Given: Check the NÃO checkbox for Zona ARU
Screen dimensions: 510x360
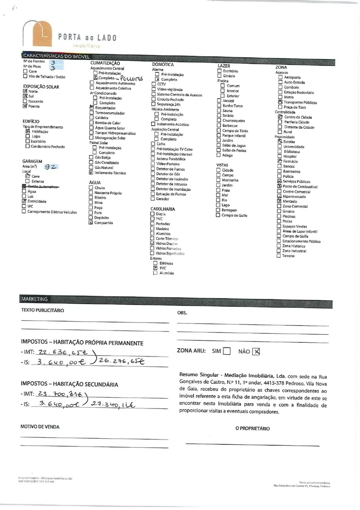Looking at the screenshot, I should click(256, 351).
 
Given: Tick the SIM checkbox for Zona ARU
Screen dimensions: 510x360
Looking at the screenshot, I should click(226, 351).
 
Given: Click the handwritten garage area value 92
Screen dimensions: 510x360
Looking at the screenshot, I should click(51, 167).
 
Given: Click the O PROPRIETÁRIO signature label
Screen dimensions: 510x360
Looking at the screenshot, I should click(252, 428).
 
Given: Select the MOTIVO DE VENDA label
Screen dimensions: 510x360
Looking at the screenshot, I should click(40, 426).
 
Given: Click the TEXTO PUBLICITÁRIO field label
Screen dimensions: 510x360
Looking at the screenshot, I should click(42, 310).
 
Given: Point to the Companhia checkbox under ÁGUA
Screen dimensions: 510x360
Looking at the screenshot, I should click(91, 223).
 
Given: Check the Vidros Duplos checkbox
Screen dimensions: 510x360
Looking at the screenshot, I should click(152, 244).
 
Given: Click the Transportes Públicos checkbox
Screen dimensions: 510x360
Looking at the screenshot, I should click(280, 102).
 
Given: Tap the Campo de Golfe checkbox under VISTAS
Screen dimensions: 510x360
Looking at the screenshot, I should click(218, 215).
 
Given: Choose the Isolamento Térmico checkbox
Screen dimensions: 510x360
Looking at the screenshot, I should click(91, 173).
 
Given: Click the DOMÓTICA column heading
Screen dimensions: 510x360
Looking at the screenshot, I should click(163, 64).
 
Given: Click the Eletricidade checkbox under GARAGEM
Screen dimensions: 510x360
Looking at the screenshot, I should click(24, 201).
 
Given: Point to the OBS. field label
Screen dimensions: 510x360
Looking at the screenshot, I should click(182, 313).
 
